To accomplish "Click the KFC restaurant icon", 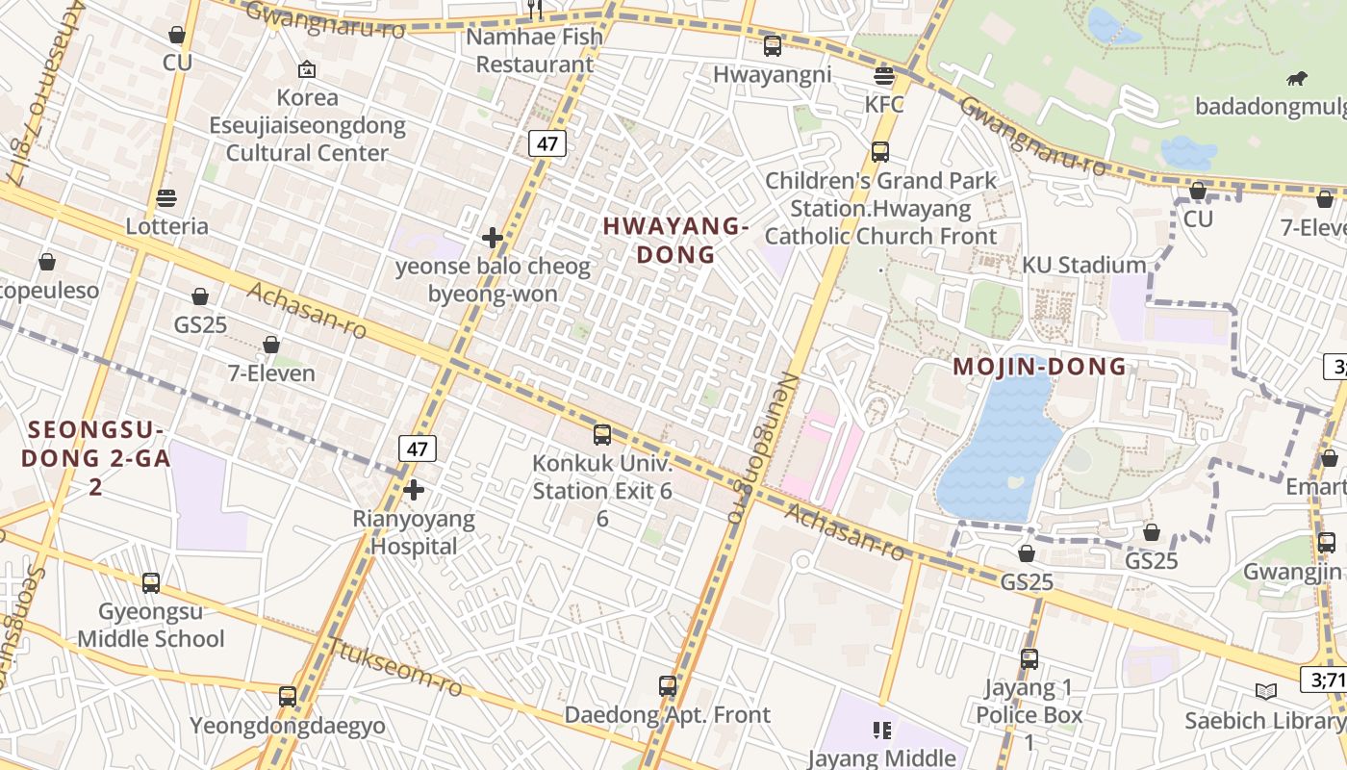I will tap(883, 76).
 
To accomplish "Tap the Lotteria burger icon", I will tap(166, 199).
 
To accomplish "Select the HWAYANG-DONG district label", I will tap(674, 240).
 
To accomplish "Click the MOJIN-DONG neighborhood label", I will tap(1039, 367).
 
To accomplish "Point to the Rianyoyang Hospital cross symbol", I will tap(414, 490).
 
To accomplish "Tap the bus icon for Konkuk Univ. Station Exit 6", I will tap(602, 434).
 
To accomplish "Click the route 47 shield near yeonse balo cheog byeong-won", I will tap(546, 144).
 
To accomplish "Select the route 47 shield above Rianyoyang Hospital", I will tap(417, 449).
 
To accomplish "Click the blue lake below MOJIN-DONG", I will tap(1001, 452).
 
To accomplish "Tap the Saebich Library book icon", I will tap(1266, 691).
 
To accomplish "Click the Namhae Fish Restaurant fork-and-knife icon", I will tap(536, 10).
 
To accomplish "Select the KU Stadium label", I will tap(1083, 265).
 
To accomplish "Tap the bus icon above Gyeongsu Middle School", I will tap(151, 582).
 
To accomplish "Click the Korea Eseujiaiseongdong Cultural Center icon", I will tap(307, 69).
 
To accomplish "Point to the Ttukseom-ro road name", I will tap(394, 667).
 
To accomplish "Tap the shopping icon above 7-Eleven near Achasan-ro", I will tap(271, 345).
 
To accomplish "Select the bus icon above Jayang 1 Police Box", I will tap(1029, 659).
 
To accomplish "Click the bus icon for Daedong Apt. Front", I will tap(668, 686).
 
